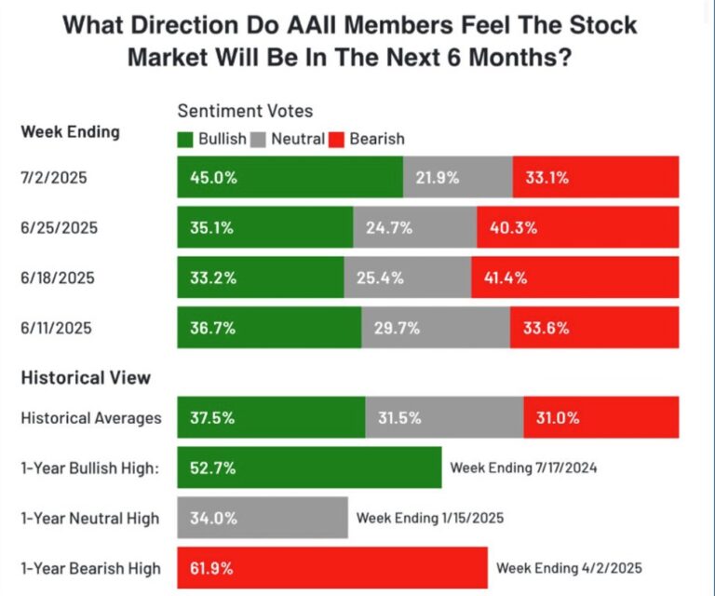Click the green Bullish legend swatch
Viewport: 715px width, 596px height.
click(x=185, y=139)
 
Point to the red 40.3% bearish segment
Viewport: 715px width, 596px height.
click(x=577, y=227)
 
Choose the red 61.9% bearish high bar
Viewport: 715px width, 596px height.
click(x=332, y=568)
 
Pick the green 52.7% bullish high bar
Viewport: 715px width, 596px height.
click(x=309, y=467)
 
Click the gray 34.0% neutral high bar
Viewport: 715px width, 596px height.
click(x=263, y=518)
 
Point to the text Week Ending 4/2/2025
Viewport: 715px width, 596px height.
click(x=569, y=568)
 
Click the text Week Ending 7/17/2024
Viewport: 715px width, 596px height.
click(x=523, y=467)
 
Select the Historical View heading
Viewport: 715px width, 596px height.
click(x=86, y=377)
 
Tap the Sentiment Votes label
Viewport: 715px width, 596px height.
click(x=245, y=112)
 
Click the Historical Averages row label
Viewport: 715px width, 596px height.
click(x=91, y=418)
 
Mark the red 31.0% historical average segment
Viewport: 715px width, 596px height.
click(x=600, y=418)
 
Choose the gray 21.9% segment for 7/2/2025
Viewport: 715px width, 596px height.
click(x=457, y=177)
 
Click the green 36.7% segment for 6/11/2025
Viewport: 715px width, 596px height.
click(x=269, y=328)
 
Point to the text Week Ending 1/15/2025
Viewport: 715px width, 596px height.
click(x=429, y=518)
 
